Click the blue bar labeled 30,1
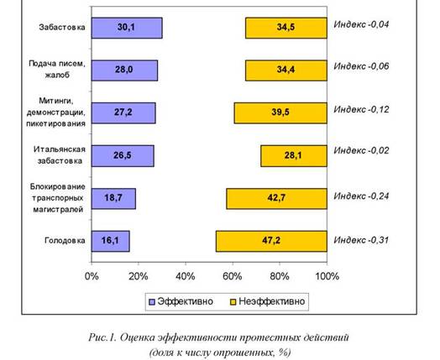127,28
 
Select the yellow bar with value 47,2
271,241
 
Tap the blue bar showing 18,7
113,199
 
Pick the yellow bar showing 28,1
294,156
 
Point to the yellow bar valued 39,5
280,113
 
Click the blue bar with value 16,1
111,241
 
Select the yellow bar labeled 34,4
286,70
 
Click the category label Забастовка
62,27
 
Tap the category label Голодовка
65,240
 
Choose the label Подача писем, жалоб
57,70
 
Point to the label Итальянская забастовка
60,155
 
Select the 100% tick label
327,276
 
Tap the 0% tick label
92,276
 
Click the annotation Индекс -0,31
361,240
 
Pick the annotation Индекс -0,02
361,150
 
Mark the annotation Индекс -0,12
361,109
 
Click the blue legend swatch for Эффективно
152,302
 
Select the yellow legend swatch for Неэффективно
233,302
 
